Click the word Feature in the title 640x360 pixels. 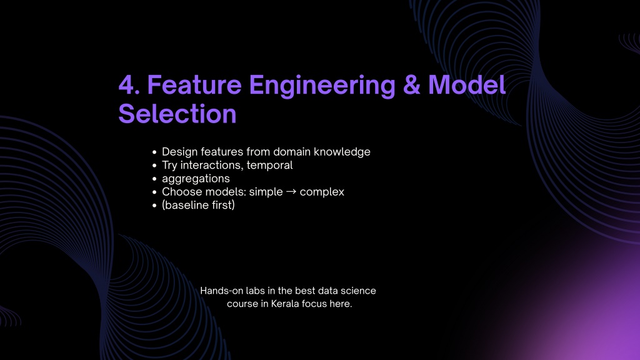pos(194,85)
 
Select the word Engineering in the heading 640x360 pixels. pos(322,86)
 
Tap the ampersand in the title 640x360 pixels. pos(411,85)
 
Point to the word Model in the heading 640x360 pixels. pos(467,85)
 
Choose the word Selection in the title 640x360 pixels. pos(177,114)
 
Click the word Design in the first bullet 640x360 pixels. pos(179,152)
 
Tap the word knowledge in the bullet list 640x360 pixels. pos(342,152)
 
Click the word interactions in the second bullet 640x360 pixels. pos(212,165)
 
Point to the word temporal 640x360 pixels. pos(269,165)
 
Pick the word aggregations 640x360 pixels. pos(196,179)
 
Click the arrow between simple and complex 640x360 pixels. pos(291,191)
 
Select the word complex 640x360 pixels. pos(322,192)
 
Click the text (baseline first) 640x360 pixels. pos(198,205)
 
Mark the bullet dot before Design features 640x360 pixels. pos(154,152)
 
